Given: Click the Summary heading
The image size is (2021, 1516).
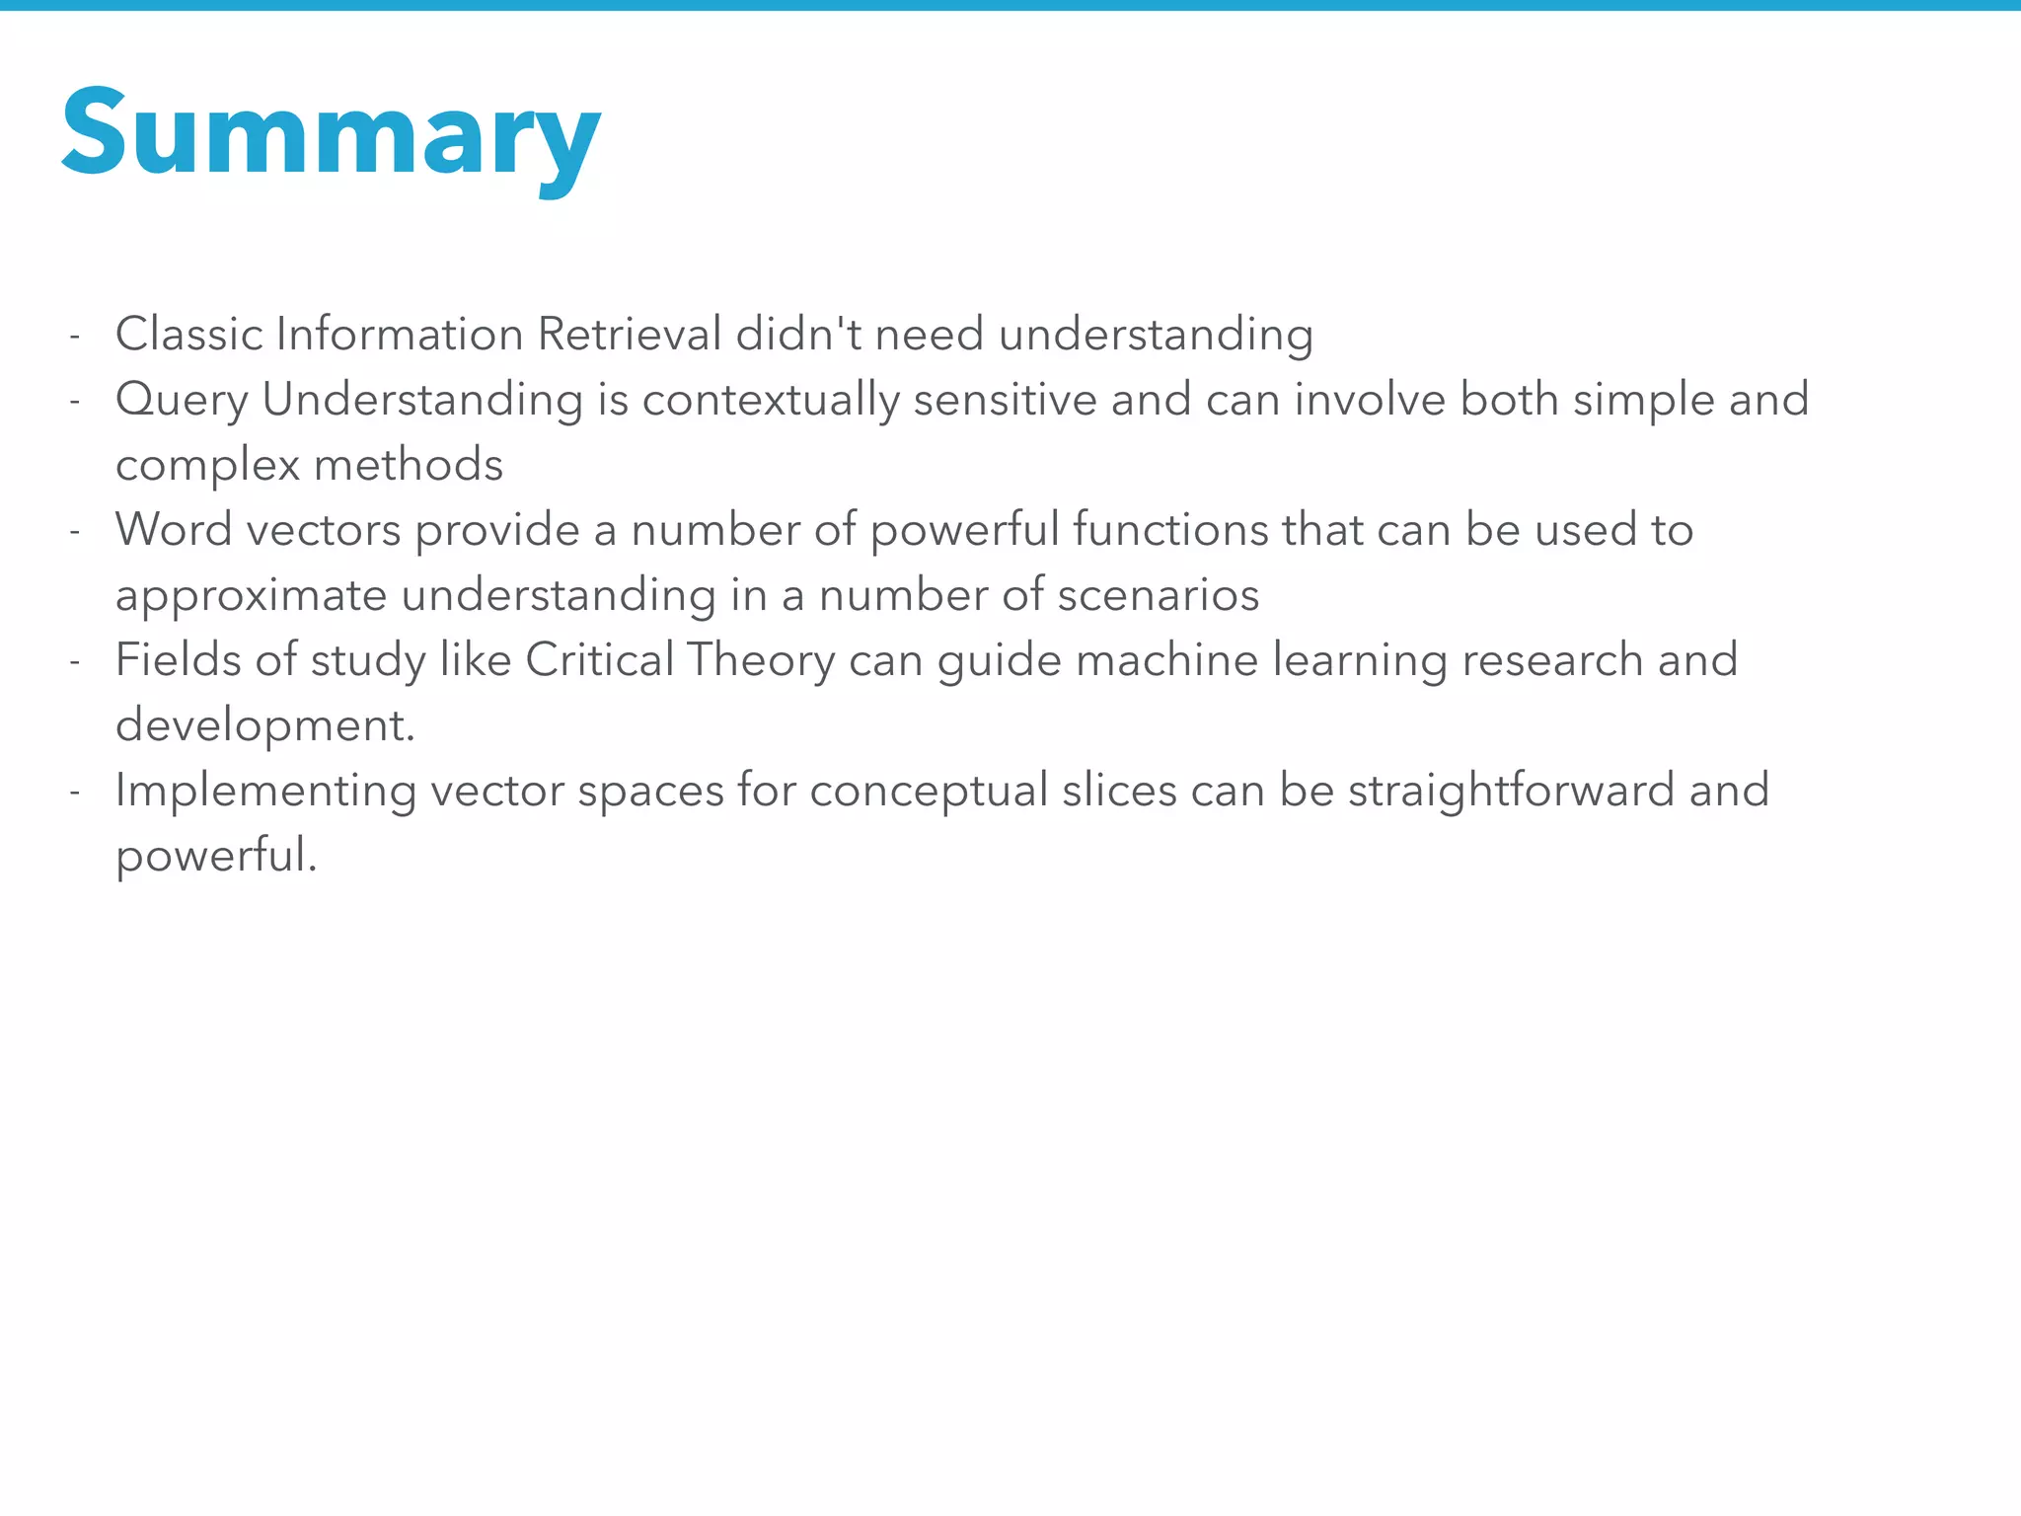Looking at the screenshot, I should click(331, 135).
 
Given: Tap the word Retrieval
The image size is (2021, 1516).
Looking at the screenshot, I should click(630, 334).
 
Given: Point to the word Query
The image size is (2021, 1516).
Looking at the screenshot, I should click(182, 401).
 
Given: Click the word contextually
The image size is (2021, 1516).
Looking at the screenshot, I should click(771, 400).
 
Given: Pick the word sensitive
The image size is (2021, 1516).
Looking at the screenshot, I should click(1005, 400).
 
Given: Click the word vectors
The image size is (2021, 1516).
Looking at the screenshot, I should click(324, 530).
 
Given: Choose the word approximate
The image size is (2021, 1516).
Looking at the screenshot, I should click(251, 595).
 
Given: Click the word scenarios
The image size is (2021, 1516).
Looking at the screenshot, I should click(1159, 595).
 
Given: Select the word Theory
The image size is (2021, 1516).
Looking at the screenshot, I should click(761, 660).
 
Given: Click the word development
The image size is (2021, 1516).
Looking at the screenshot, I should click(264, 725).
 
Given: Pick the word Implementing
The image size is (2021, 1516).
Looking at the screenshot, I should click(265, 792).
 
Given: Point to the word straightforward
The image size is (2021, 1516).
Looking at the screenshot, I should click(1511, 791).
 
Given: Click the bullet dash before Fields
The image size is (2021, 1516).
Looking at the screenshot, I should click(74, 661).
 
